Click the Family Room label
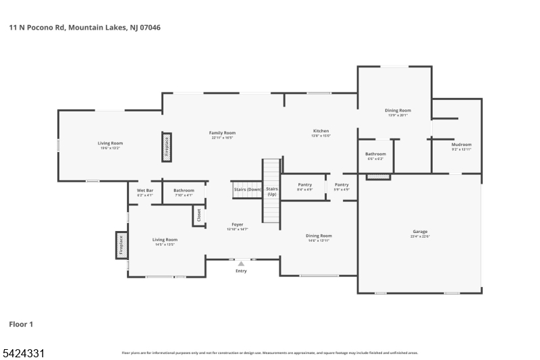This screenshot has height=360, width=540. [x=222, y=133]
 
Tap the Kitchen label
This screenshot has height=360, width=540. [x=321, y=131]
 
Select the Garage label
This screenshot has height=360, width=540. [x=419, y=232]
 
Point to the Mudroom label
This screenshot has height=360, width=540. [x=462, y=145]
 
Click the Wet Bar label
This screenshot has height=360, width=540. [x=145, y=190]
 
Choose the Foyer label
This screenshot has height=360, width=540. [x=238, y=224]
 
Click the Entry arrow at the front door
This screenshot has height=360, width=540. [x=241, y=263]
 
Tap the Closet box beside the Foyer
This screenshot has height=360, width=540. [x=198, y=215]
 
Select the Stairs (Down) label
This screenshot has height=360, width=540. [x=248, y=190]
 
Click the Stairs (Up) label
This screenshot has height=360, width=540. [x=272, y=191]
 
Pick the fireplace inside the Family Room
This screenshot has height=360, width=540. [x=167, y=147]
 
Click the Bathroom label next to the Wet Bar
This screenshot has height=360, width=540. [x=184, y=190]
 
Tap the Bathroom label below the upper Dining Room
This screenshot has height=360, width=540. [x=376, y=154]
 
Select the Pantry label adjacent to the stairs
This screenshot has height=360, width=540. [x=305, y=184]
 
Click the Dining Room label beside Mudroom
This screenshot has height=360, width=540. [x=398, y=110]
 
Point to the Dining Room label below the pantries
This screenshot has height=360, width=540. [x=320, y=236]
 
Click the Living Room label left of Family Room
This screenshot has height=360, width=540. [x=110, y=143]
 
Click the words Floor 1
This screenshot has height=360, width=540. [x=21, y=324]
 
